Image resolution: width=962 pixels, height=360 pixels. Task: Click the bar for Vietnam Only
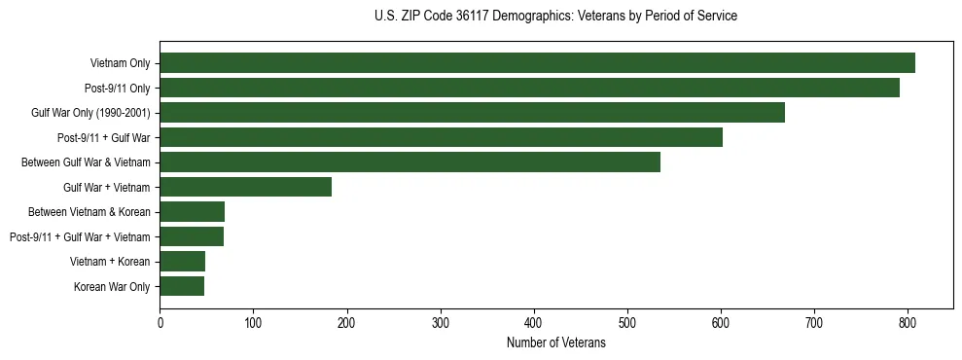tap(537, 63)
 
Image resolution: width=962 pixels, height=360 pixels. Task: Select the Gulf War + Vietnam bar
tap(245, 187)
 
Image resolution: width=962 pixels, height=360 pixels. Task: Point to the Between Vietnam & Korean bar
tap(192, 212)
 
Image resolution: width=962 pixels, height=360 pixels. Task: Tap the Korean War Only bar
tap(182, 286)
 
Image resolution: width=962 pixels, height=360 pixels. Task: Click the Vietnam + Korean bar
tap(182, 262)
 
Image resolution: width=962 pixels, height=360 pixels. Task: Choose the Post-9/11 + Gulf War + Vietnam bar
tap(192, 236)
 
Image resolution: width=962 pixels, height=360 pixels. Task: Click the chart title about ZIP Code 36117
tap(555, 17)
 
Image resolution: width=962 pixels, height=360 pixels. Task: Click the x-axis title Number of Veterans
tap(555, 343)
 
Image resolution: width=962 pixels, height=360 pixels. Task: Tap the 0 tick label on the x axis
tap(160, 323)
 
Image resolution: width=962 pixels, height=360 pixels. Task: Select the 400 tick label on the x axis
tap(534, 323)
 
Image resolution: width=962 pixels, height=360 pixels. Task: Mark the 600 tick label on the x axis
tap(721, 323)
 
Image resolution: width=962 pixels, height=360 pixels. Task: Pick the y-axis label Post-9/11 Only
tap(117, 88)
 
